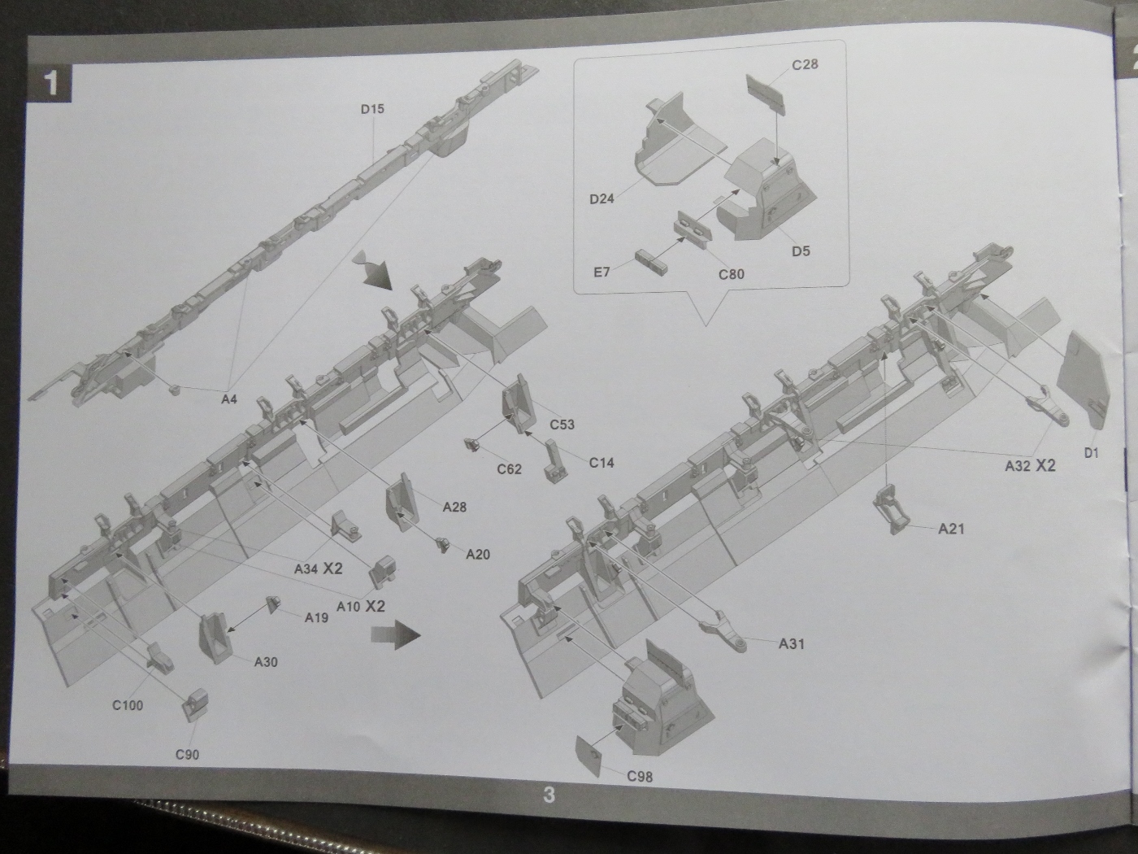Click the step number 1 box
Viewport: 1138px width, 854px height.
tap(50, 84)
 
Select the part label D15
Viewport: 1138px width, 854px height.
tap(372, 109)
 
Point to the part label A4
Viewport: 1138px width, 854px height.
tap(228, 399)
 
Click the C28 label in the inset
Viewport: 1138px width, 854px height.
tap(806, 64)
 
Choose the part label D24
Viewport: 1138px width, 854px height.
tap(602, 198)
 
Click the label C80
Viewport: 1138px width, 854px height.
tap(731, 274)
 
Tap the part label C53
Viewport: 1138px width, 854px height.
tap(562, 424)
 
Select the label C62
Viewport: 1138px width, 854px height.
tap(509, 468)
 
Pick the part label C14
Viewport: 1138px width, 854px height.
tap(602, 462)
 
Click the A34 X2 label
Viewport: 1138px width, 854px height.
tap(319, 569)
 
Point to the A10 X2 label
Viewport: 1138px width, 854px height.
tap(361, 606)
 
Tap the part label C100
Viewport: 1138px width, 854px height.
tap(128, 705)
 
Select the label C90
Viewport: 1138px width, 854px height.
tap(187, 755)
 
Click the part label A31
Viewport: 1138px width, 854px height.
tap(791, 643)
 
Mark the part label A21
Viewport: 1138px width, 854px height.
tap(951, 529)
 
